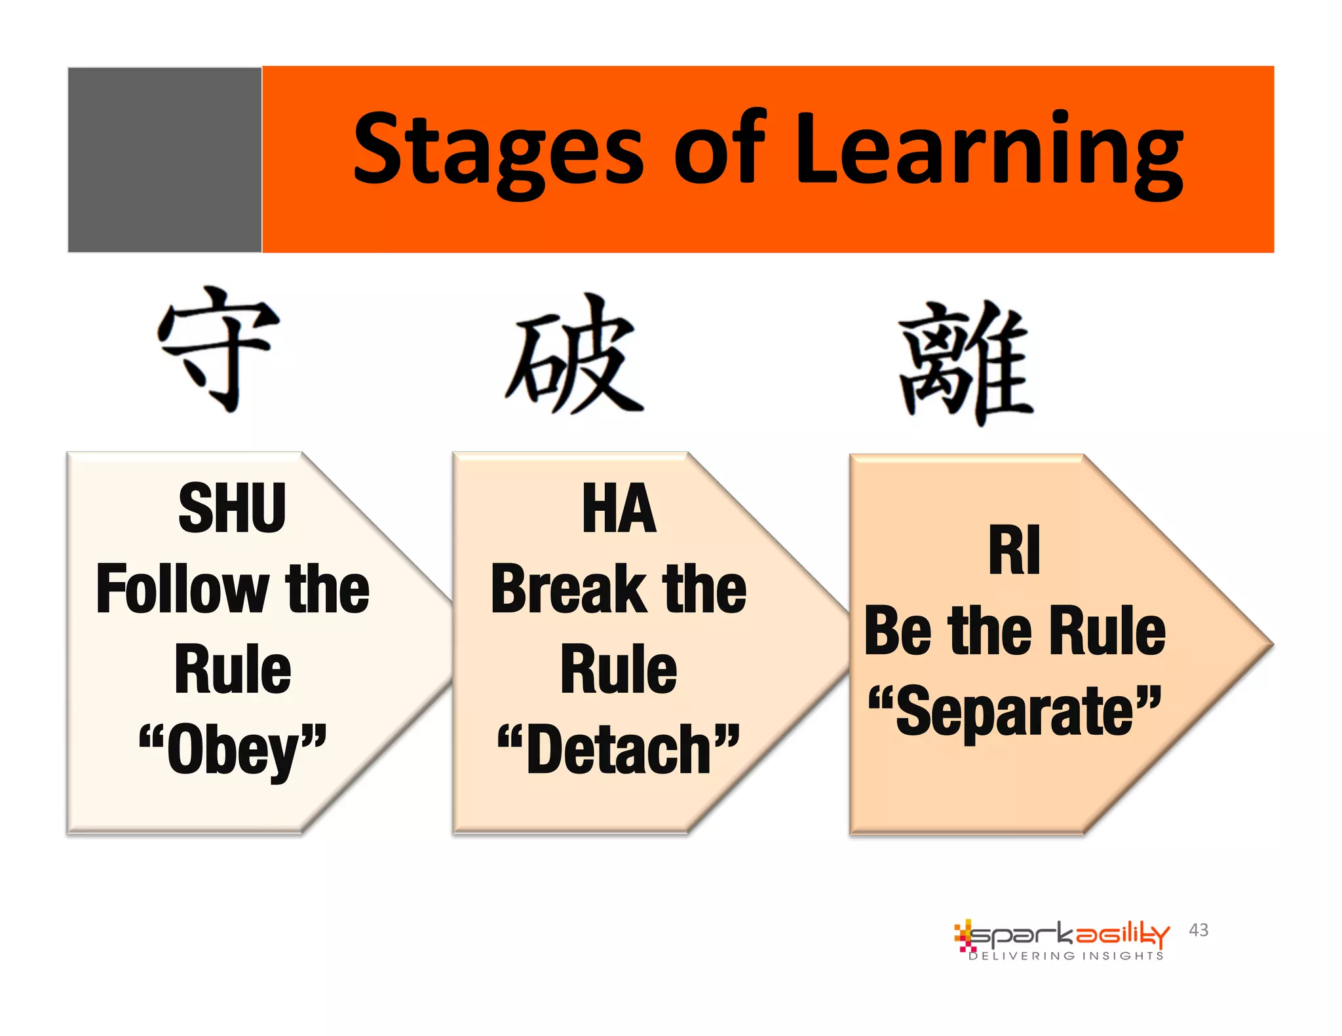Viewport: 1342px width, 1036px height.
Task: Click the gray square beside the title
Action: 164,160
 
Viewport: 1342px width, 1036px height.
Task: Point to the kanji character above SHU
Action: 218,348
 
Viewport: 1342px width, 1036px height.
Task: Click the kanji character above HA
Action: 574,355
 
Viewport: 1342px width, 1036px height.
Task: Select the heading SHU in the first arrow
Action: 232,509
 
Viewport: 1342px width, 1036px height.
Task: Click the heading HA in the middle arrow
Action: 619,509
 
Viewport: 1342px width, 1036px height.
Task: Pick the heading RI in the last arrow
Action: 1014,550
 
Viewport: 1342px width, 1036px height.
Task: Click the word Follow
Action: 181,589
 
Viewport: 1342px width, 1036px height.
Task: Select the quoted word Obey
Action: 233,750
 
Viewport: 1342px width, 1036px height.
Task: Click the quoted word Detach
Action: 619,750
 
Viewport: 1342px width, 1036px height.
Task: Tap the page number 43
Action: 1198,930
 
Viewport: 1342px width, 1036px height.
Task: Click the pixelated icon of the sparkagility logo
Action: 963,935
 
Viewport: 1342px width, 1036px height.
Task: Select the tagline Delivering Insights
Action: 1066,956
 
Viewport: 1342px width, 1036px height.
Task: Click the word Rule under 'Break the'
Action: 619,669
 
